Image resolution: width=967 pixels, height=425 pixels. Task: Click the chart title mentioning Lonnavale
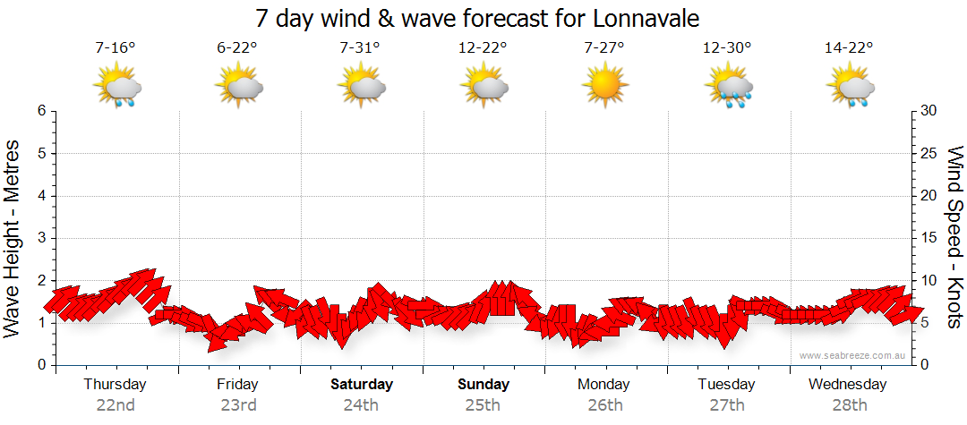point(477,18)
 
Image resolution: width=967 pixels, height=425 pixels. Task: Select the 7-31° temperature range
point(360,48)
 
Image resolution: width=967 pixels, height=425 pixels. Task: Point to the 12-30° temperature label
point(727,48)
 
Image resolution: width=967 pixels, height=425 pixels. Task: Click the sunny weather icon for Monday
point(604,87)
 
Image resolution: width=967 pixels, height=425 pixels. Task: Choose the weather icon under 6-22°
point(238,88)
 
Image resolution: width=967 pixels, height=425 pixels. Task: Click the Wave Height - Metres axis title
point(13,237)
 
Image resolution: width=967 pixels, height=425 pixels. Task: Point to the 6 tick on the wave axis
point(40,111)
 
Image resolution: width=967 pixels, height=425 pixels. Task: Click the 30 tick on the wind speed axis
point(928,111)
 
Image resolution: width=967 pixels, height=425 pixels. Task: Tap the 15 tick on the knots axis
point(928,238)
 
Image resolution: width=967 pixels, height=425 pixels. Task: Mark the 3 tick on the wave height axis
point(40,238)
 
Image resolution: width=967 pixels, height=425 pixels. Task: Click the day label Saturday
point(362,385)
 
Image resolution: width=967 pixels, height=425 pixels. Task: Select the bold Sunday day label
point(483,385)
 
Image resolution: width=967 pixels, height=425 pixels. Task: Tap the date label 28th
point(849,405)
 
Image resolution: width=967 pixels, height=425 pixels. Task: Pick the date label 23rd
point(237,405)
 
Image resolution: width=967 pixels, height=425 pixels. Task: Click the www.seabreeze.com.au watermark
point(853,356)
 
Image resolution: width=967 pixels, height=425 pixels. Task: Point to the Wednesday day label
point(847,385)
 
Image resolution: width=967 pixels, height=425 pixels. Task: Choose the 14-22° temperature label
point(849,48)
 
